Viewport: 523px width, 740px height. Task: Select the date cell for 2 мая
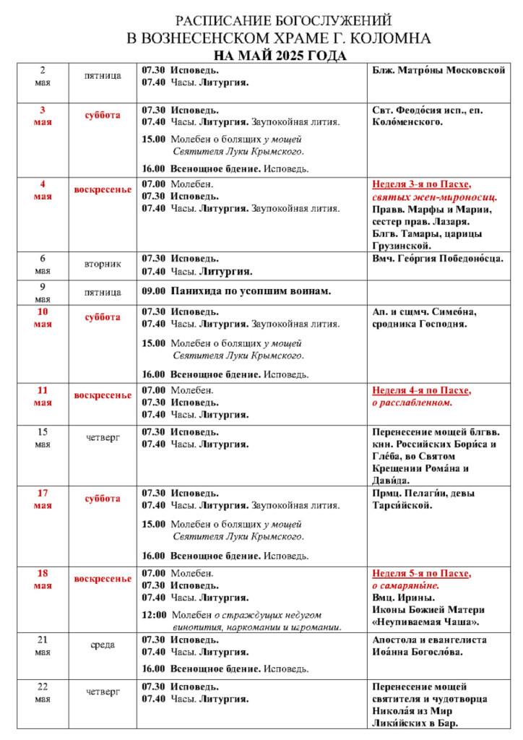(x=43, y=76)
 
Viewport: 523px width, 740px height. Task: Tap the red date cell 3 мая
(x=43, y=116)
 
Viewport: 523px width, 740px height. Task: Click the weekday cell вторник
(x=103, y=264)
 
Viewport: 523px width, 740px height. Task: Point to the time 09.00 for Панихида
(x=153, y=291)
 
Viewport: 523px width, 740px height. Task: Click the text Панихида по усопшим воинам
(x=251, y=291)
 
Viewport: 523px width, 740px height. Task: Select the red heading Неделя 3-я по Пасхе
(x=422, y=184)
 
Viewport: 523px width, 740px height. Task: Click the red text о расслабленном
(x=412, y=403)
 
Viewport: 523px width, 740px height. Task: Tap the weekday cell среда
(x=103, y=645)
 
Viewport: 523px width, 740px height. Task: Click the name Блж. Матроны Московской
(x=438, y=70)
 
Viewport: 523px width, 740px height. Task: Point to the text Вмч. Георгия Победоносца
(x=437, y=258)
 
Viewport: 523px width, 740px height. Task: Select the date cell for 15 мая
(x=43, y=438)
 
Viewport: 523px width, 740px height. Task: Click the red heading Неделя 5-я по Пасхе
(x=422, y=573)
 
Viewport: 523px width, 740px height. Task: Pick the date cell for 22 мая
(x=43, y=692)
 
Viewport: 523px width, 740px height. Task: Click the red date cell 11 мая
(x=43, y=396)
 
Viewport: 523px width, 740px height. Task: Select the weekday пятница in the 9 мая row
(x=103, y=292)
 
